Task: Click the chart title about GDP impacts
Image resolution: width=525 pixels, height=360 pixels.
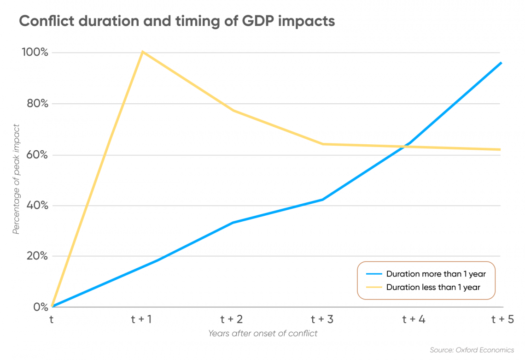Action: coord(177,21)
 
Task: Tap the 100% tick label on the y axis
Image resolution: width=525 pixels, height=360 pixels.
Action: coord(35,52)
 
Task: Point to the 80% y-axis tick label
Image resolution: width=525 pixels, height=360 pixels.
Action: coord(37,103)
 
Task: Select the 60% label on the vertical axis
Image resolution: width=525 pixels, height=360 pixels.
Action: coord(37,154)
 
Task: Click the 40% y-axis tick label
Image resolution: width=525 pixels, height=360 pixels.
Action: coord(37,205)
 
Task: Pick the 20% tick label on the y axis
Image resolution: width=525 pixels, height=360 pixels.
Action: coord(37,256)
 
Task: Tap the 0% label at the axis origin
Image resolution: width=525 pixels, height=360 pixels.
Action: coord(41,307)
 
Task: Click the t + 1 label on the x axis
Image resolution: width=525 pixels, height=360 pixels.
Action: coord(141,319)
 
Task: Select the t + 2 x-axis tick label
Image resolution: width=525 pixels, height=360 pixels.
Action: coord(231,319)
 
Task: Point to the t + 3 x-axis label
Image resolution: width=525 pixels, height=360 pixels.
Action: coord(322,319)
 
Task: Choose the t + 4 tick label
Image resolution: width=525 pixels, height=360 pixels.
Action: coord(414,319)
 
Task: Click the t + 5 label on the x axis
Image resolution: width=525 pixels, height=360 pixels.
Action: coord(502,319)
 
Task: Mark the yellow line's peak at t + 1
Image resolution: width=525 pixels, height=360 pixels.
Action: coord(143,52)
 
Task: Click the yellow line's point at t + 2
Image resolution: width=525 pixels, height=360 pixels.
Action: coord(233,111)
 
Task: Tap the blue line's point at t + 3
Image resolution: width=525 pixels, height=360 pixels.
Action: coord(322,200)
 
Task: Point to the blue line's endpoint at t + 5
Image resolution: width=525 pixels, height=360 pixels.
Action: coord(501,63)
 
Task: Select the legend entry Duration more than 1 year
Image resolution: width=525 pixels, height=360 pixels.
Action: coord(426,274)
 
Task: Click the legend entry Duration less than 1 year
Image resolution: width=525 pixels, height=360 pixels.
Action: coord(423,287)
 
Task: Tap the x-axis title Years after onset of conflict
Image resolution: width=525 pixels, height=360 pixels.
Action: coord(263,334)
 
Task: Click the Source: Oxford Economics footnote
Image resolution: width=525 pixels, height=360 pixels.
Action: coord(472,350)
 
